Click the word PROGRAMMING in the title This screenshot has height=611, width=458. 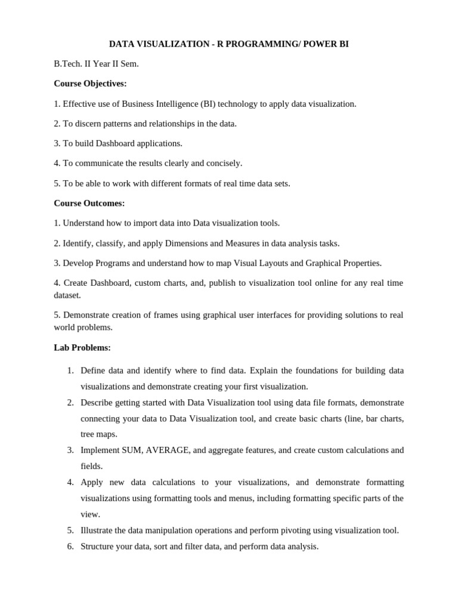[x=254, y=44]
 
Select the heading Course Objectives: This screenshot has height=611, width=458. [x=90, y=84]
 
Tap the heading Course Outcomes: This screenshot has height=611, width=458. [x=89, y=203]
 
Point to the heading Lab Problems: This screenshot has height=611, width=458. [x=82, y=347]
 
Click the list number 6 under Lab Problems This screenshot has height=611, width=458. [x=70, y=546]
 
